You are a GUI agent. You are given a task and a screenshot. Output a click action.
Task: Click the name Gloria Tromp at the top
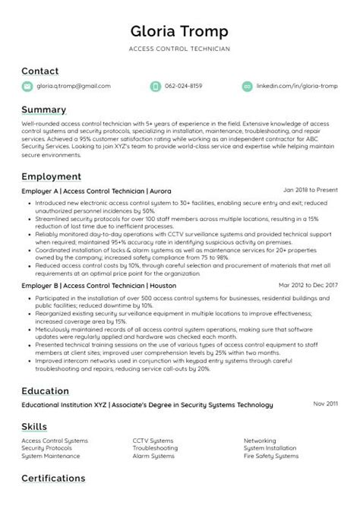180,31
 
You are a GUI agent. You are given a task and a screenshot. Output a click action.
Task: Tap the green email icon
27,87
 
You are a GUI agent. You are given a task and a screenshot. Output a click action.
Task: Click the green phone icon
155,87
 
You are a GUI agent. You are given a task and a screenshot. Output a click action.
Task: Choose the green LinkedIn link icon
246,87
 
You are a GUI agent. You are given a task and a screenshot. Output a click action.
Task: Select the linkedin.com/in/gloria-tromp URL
295,87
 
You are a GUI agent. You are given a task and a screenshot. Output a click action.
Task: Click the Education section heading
46,390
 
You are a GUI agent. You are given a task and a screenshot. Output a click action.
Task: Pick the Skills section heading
34,426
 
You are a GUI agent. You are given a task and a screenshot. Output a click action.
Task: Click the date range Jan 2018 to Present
310,191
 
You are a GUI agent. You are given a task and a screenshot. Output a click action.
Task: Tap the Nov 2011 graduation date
325,404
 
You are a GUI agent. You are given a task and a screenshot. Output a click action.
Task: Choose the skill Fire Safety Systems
270,457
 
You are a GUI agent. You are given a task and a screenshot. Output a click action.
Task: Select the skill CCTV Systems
153,441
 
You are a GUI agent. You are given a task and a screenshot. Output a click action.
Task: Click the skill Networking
260,441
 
